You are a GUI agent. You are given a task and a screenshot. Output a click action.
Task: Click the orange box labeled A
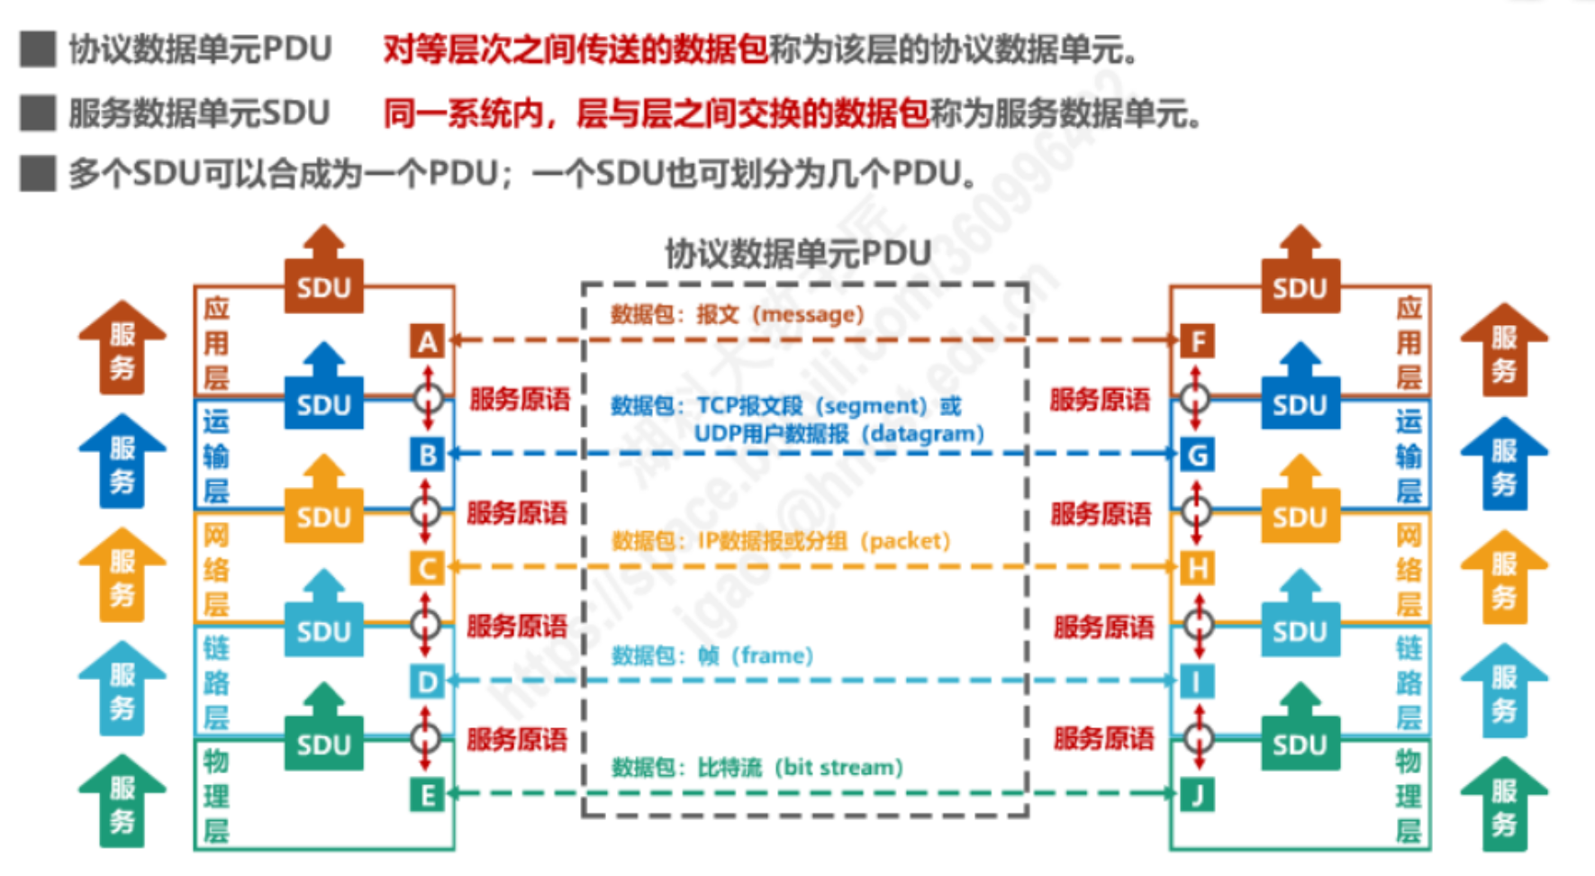pos(427,341)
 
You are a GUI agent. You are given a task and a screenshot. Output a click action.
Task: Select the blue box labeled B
pos(427,455)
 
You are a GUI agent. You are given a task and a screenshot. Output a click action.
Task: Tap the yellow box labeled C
pos(427,568)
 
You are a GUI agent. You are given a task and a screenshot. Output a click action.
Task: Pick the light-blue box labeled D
pos(427,682)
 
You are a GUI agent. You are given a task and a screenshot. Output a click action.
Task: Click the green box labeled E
pos(427,795)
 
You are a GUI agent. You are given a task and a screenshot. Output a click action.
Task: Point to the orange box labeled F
pos(1197,341)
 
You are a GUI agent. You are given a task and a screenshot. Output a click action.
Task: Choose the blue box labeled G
pos(1197,455)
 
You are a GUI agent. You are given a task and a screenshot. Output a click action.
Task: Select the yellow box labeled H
pos(1197,568)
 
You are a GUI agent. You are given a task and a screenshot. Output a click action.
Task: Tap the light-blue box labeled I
pos(1197,682)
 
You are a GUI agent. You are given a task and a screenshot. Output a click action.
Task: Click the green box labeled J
pos(1197,795)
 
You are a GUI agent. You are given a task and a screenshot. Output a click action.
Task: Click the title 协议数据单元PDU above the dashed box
pos(798,254)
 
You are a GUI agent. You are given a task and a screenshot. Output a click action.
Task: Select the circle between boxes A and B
pos(427,397)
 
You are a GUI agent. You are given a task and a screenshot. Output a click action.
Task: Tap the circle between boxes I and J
pos(1197,738)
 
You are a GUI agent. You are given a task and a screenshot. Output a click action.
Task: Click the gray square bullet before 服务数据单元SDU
pos(38,113)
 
